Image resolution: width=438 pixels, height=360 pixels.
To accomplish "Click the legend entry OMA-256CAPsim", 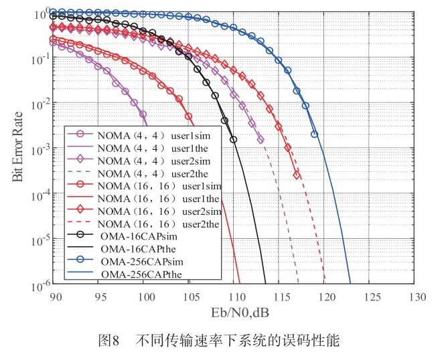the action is [142, 262].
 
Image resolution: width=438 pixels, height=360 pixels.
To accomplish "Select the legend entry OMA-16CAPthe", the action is [138, 249].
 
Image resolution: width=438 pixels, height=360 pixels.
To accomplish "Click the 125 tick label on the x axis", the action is [372, 297].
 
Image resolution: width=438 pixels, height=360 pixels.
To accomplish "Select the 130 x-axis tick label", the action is [418, 297].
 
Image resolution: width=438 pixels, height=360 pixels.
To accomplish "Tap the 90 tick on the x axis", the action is [56, 297].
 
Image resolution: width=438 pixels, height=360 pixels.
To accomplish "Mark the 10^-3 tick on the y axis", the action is [41, 150].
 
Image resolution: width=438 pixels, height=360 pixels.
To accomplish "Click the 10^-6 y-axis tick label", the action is [41, 286].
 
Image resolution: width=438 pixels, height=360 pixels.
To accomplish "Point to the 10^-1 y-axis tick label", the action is [41, 59].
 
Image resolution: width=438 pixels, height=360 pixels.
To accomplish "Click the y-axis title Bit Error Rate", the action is [17, 147].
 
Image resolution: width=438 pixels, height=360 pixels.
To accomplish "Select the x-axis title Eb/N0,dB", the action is [240, 312].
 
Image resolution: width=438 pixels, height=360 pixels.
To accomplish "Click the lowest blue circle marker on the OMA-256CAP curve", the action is [315, 134].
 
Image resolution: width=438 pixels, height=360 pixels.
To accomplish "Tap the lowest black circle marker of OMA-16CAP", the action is [234, 140].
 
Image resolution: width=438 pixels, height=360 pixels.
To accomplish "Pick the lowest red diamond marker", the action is [297, 175].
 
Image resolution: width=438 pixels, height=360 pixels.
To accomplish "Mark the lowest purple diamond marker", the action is [261, 140].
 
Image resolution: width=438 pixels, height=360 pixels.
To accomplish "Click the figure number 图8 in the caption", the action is [109, 340].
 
